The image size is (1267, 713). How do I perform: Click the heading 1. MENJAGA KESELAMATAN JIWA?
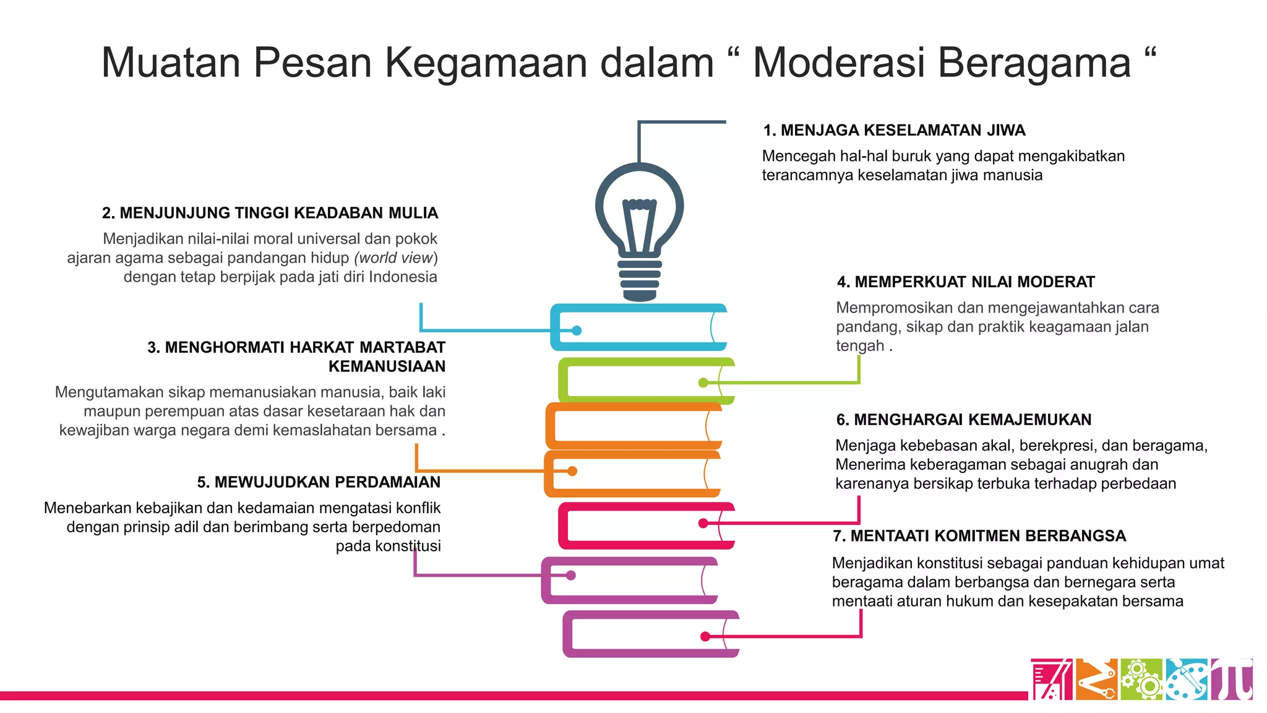[894, 131]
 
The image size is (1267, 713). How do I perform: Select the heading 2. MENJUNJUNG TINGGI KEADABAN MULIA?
[270, 213]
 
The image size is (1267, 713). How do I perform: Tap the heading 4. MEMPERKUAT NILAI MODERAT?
[966, 282]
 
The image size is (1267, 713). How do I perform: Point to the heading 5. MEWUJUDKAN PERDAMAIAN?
[319, 482]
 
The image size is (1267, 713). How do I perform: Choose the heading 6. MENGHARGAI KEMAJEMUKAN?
[964, 420]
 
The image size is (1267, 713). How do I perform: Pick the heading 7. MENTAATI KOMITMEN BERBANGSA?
[979, 536]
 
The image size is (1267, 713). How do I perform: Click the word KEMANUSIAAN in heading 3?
[387, 366]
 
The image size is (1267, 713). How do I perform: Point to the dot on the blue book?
[577, 331]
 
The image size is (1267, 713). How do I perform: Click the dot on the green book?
[703, 382]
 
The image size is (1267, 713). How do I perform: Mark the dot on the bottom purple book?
[705, 636]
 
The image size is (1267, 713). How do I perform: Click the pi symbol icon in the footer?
[1232, 680]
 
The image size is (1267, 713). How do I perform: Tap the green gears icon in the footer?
[1142, 680]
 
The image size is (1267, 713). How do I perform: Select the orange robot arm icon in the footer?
[1097, 680]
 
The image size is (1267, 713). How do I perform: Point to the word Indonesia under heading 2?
[403, 277]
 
